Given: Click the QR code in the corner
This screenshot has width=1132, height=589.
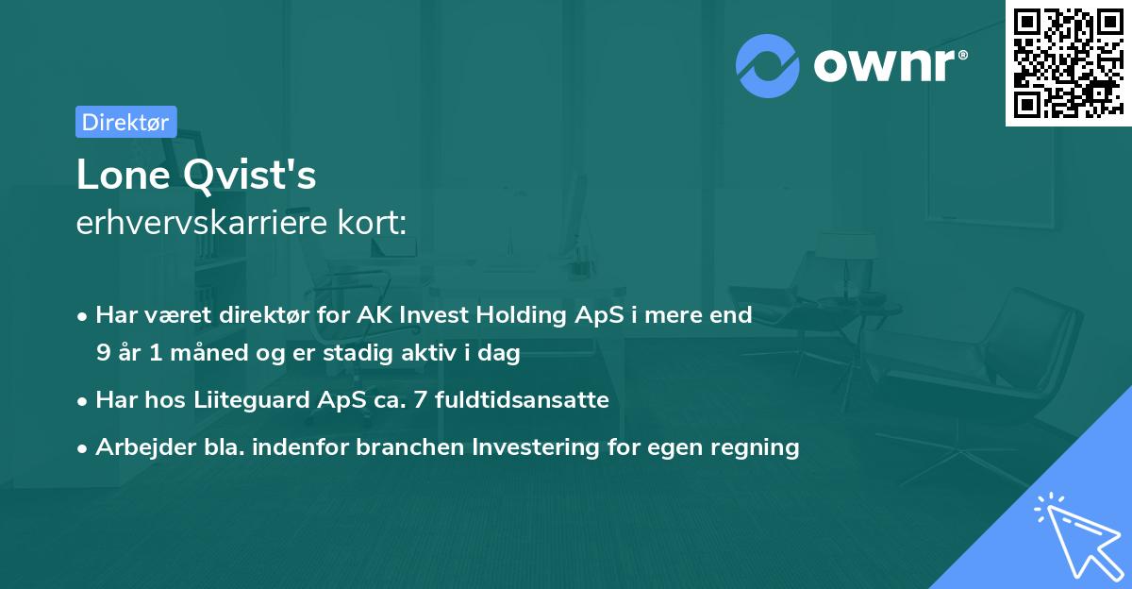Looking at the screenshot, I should [x=1068, y=63].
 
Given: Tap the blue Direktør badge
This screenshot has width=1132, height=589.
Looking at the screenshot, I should [x=125, y=122].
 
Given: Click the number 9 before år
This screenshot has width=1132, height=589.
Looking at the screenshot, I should [x=103, y=353].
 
